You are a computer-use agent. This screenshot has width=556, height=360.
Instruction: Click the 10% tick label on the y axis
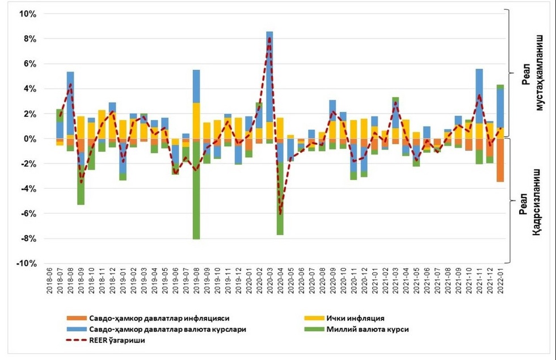28,14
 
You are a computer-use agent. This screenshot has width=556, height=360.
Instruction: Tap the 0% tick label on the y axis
30,139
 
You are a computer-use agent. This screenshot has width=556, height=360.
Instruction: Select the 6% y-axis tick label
30,64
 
